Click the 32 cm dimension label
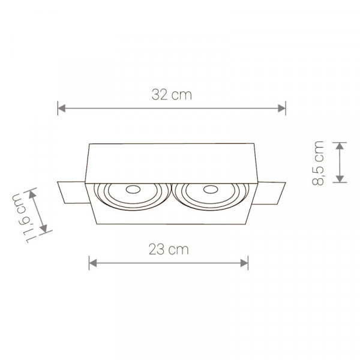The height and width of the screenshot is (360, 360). (172, 95)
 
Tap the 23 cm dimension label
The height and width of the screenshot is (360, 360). (169, 250)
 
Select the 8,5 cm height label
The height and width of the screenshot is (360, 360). (318, 163)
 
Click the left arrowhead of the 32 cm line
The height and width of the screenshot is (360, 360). (62, 108)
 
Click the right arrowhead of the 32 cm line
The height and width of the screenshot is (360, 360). (281, 108)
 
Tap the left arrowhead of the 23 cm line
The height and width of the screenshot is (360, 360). (93, 263)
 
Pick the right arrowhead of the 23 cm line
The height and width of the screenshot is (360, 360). (244, 263)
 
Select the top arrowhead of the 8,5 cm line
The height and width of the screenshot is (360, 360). (340, 146)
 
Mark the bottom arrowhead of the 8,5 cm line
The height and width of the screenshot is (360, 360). (340, 179)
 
